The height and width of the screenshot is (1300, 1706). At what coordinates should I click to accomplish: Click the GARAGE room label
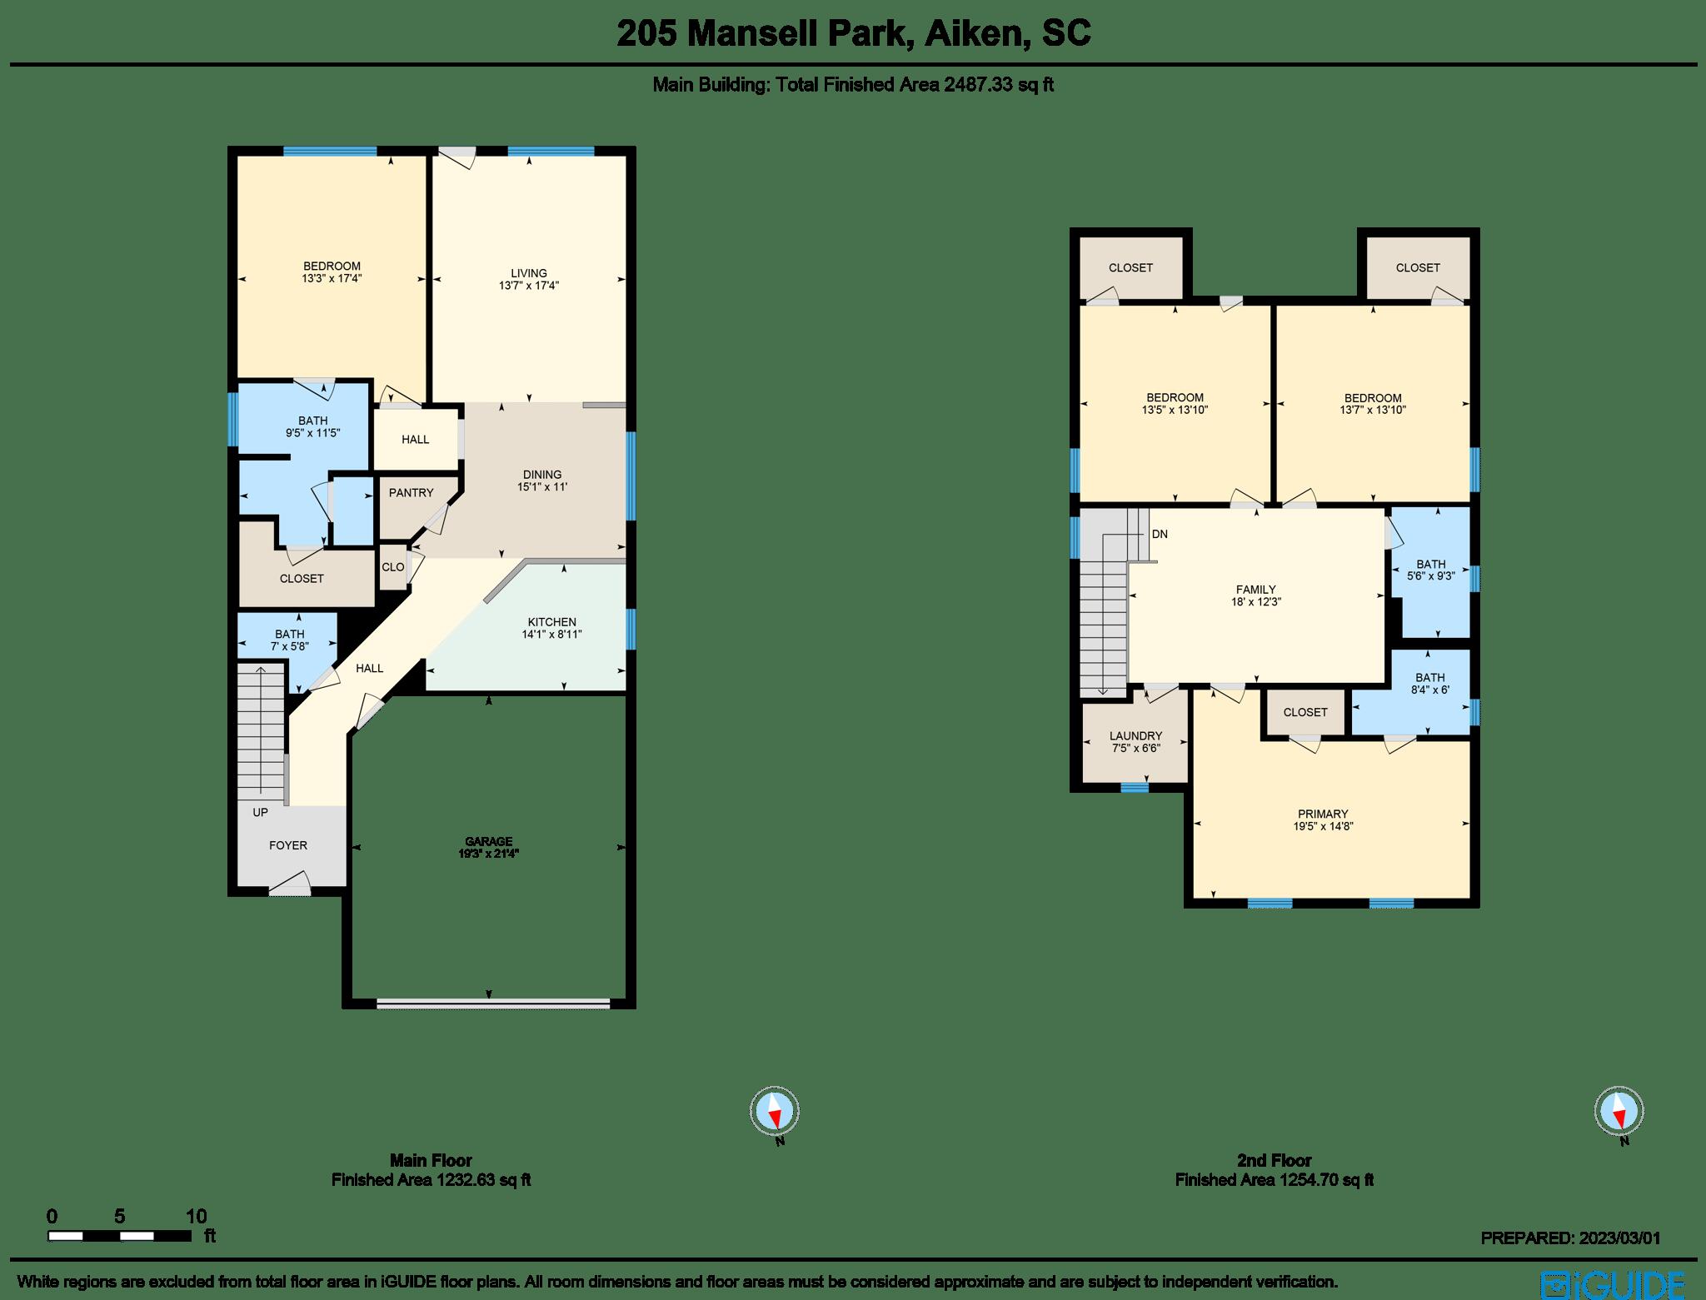coord(488,841)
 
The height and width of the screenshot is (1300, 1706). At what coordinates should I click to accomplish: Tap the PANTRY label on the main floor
coord(411,492)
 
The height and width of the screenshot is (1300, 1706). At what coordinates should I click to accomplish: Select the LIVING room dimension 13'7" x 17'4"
coord(529,285)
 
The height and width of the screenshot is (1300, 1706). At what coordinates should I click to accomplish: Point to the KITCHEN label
coord(551,622)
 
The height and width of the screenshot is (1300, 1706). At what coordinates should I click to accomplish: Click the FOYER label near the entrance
coord(288,845)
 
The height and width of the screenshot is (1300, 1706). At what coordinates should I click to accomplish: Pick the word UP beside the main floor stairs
coord(261,812)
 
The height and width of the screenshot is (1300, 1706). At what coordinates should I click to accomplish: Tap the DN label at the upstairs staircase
coord(1160,534)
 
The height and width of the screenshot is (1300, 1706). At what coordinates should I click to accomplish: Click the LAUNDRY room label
coord(1135,736)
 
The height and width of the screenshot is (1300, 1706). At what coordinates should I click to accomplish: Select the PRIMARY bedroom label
coord(1322,814)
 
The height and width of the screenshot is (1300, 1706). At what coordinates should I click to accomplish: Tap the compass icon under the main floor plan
coord(775,1111)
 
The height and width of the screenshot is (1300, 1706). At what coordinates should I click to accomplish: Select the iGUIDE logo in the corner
coord(1613,1283)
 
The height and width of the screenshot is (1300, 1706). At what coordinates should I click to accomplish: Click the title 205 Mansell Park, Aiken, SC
coord(853,34)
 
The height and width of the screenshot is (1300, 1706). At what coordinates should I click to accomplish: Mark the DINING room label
coord(542,475)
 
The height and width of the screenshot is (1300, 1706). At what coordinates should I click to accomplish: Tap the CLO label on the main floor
coord(392,567)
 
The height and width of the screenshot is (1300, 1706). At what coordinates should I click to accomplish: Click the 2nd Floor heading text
coord(1274,1160)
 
